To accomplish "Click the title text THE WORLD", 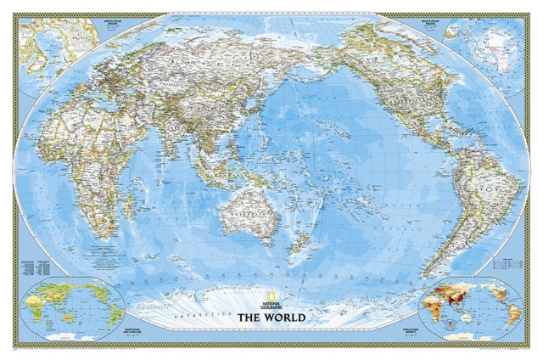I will tap(271, 318).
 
